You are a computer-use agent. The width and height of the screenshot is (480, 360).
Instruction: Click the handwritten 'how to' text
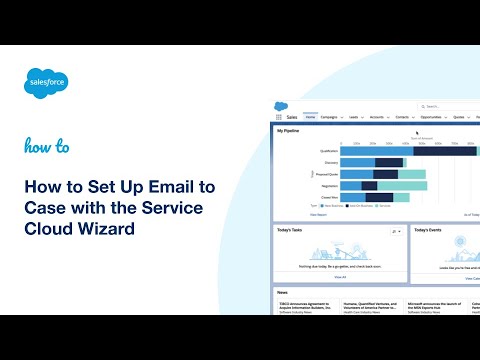[47, 146]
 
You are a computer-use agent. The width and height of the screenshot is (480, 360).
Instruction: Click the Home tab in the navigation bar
[310, 116]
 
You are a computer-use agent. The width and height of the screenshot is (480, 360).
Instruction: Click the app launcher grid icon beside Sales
[279, 116]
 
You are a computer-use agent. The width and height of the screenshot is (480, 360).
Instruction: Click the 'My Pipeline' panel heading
[288, 130]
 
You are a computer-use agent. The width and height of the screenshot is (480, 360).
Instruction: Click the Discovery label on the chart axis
[331, 162]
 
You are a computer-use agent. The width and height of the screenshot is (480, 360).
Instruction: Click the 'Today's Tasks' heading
[291, 230]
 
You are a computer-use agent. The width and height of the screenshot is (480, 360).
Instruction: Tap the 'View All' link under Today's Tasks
[339, 276]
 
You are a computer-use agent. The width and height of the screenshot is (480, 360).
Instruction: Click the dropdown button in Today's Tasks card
[397, 231]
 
